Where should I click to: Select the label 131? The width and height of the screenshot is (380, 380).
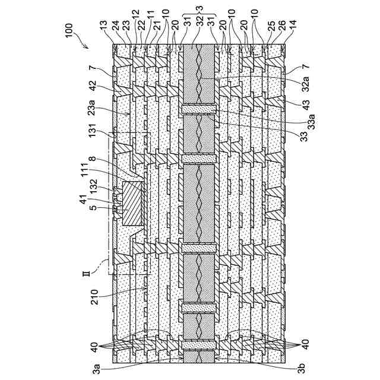(x=95, y=135)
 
